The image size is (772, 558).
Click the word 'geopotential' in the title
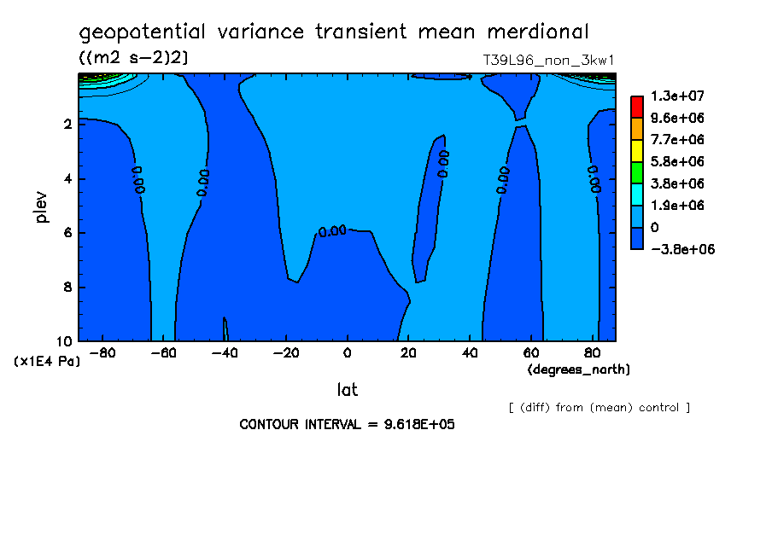(142, 32)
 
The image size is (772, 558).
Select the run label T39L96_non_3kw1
(548, 61)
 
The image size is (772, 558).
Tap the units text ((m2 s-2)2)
(133, 58)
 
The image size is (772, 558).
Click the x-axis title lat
(347, 390)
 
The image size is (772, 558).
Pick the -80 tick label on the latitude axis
(102, 353)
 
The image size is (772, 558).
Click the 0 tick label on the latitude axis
(347, 353)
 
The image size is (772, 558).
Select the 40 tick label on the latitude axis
(470, 353)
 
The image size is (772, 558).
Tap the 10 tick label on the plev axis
(64, 341)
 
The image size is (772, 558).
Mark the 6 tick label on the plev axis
(67, 232)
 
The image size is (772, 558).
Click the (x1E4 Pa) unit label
(47, 362)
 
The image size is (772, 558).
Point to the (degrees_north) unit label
(578, 369)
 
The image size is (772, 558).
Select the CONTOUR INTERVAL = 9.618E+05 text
(347, 424)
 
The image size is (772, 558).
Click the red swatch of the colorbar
(637, 107)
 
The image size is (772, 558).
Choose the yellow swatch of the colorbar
(637, 150)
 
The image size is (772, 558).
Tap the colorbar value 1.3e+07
(677, 96)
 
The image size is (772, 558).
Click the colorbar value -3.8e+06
(682, 249)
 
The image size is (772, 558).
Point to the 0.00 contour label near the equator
(332, 230)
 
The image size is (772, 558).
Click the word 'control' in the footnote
(658, 408)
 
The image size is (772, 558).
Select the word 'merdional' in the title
(538, 32)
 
